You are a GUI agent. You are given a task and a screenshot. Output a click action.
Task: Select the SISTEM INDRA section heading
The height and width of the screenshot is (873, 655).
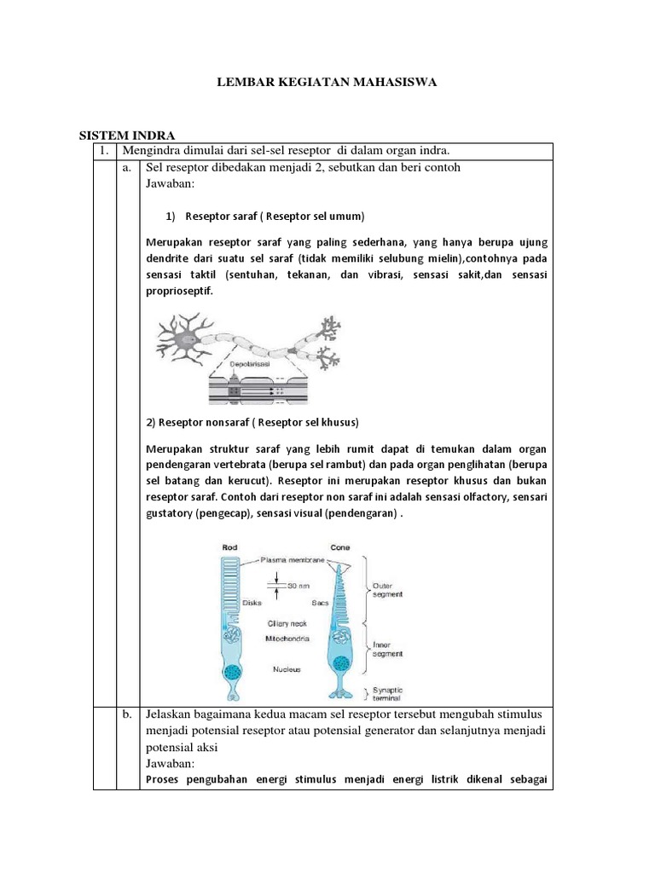point(127,136)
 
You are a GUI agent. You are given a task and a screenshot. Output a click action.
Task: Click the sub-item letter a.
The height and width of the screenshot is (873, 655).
point(127,167)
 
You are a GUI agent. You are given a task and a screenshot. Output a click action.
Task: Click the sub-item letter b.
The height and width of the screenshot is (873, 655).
point(127,713)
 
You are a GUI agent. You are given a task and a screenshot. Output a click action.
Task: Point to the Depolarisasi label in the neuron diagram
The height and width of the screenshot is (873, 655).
point(253,362)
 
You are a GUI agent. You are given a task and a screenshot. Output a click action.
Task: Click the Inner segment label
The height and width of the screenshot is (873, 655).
point(391,650)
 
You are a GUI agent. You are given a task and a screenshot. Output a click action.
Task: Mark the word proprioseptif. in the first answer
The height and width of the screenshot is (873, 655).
point(180,291)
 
